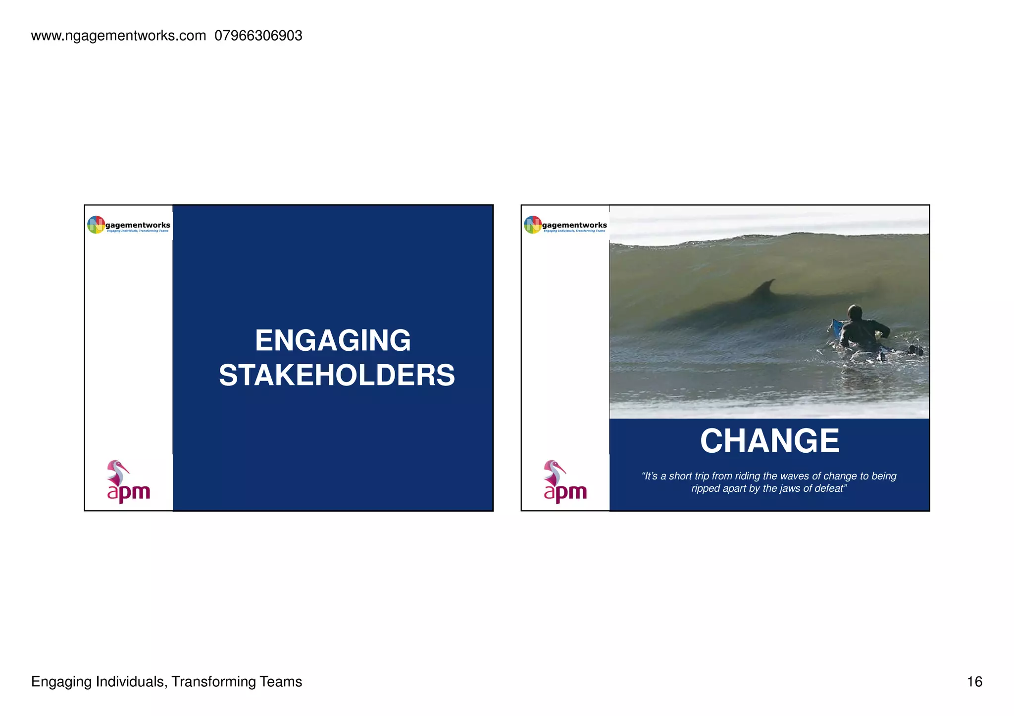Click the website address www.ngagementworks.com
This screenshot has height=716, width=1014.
(x=118, y=36)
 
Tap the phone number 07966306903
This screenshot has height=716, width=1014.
(x=258, y=36)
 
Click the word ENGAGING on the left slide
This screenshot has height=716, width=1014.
(x=333, y=341)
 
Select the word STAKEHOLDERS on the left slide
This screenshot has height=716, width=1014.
(x=337, y=376)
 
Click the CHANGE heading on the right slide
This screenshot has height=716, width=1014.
(x=769, y=441)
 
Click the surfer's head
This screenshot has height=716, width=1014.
(x=855, y=313)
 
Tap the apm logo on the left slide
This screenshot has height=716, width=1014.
(x=128, y=482)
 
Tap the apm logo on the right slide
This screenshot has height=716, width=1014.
(x=564, y=482)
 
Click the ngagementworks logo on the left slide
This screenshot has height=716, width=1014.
(x=129, y=225)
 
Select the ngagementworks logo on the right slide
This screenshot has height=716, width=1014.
(x=565, y=225)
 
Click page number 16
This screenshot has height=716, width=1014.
(x=974, y=682)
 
